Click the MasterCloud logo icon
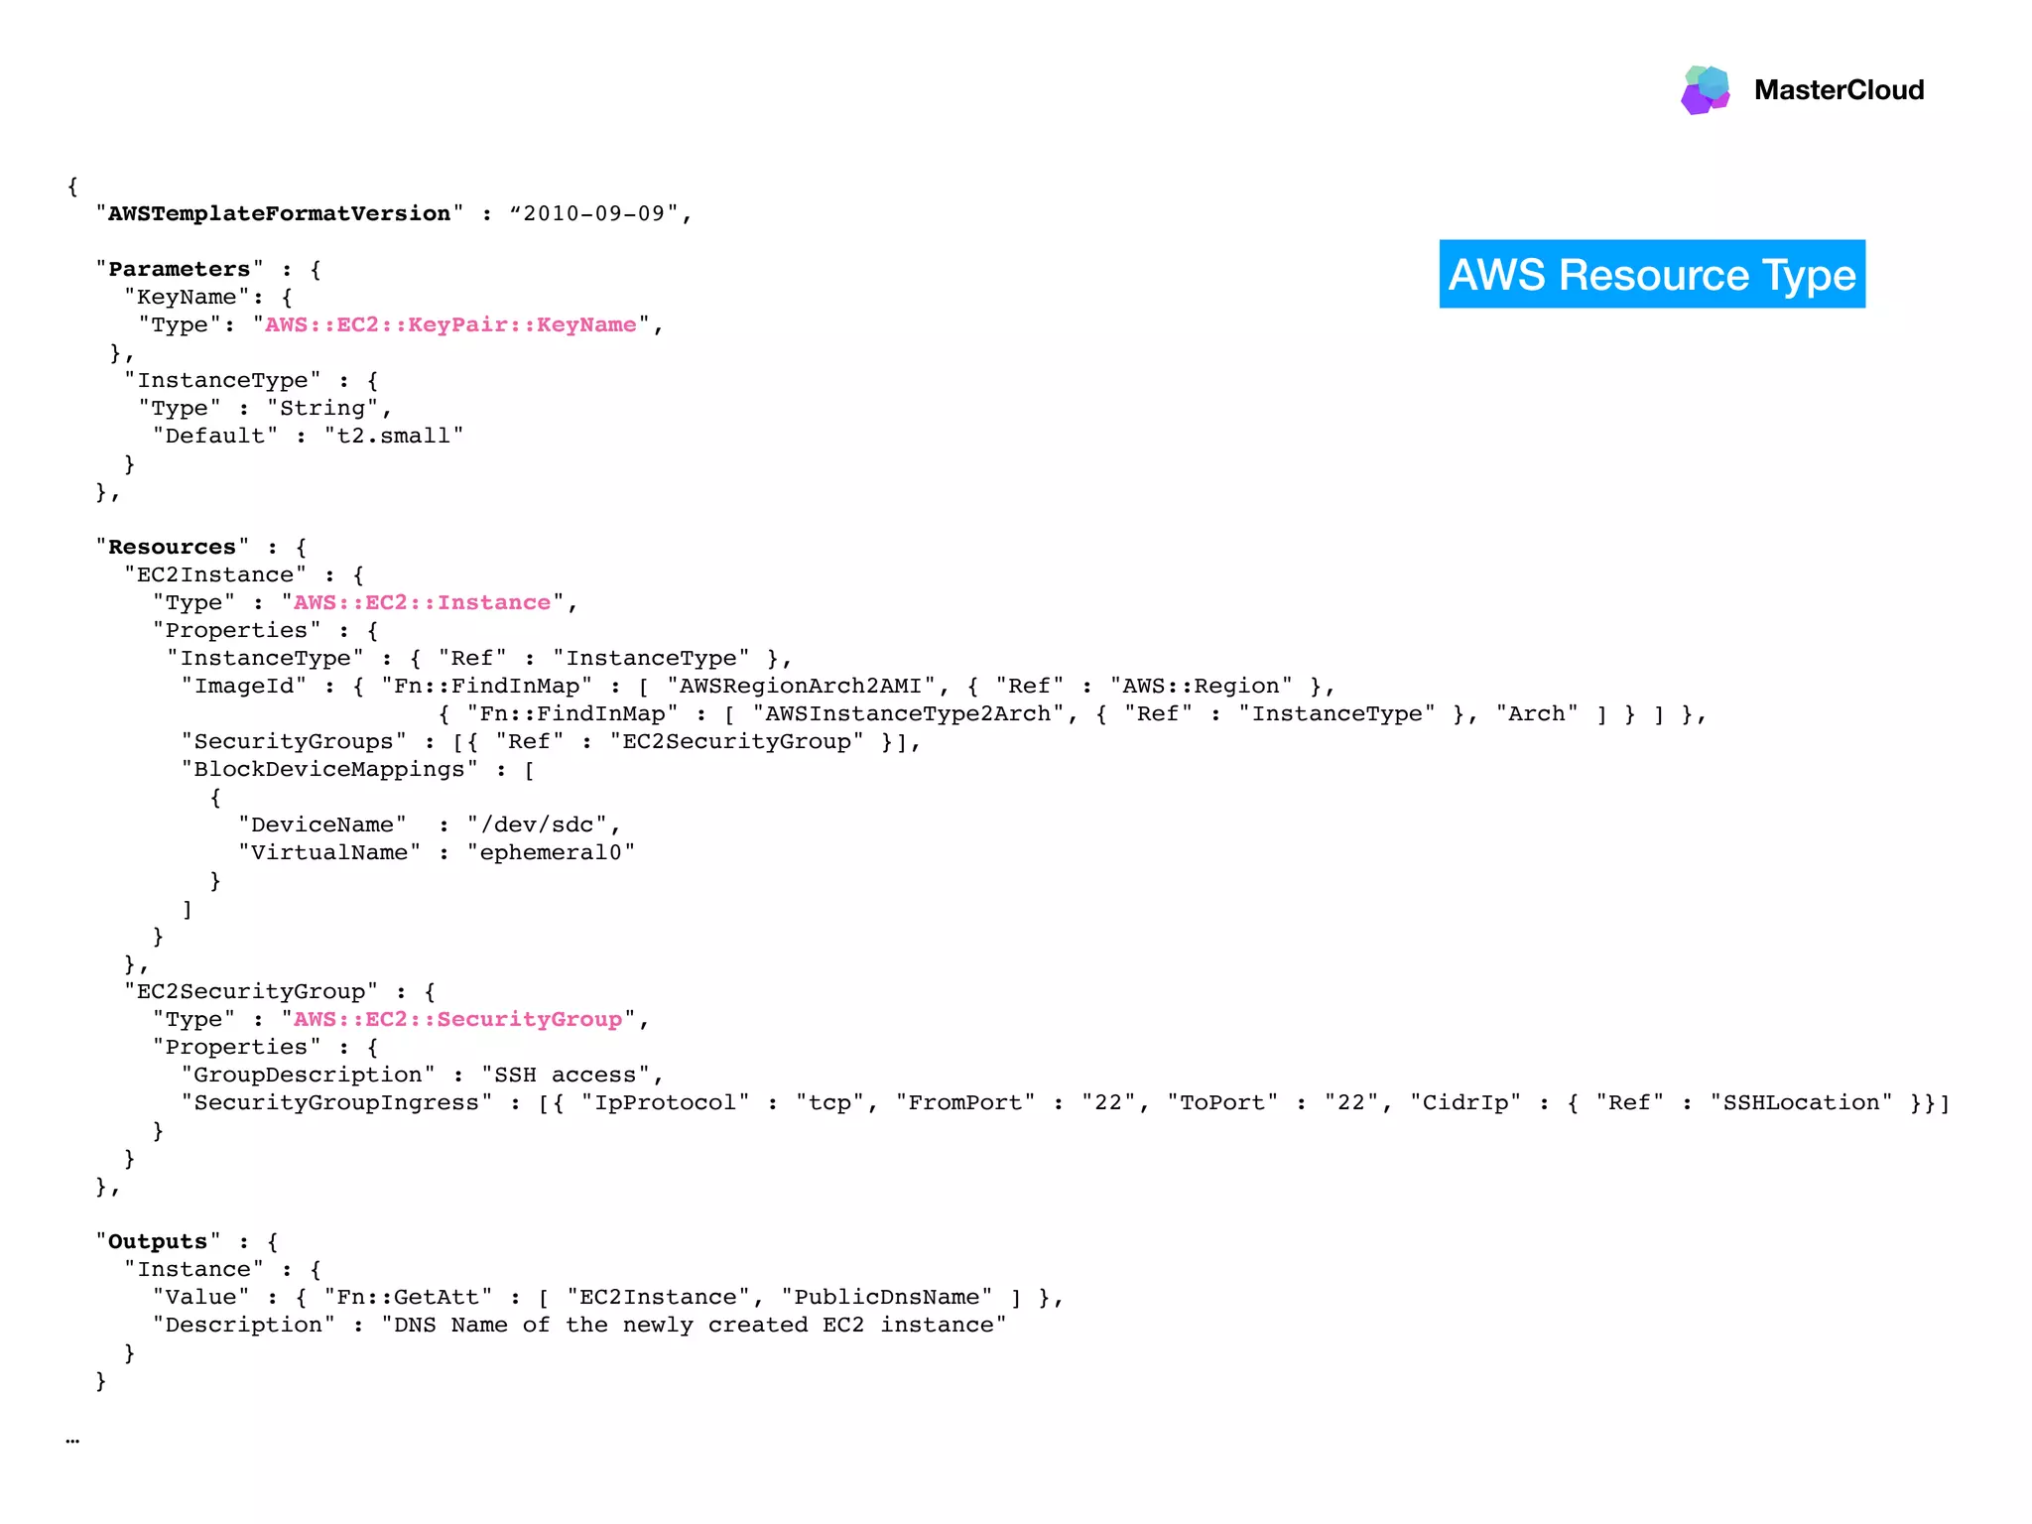click(x=1706, y=89)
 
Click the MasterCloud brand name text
click(x=1839, y=90)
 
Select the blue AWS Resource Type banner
click(x=1652, y=274)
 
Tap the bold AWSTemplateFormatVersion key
click(x=279, y=213)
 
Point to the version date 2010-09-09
click(x=594, y=213)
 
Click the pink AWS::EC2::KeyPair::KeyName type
click(x=450, y=324)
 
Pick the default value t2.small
click(x=394, y=436)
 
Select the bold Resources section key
click(x=172, y=547)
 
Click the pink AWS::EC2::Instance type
click(x=422, y=602)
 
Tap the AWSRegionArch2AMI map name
click(x=801, y=686)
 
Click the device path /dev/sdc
click(x=537, y=825)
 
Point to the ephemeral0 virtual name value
click(x=551, y=852)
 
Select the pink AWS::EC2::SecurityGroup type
click(x=457, y=1019)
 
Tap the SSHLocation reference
click(x=1801, y=1102)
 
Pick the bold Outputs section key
click(x=158, y=1241)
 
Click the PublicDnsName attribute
click(x=886, y=1297)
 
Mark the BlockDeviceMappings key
click(x=329, y=769)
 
